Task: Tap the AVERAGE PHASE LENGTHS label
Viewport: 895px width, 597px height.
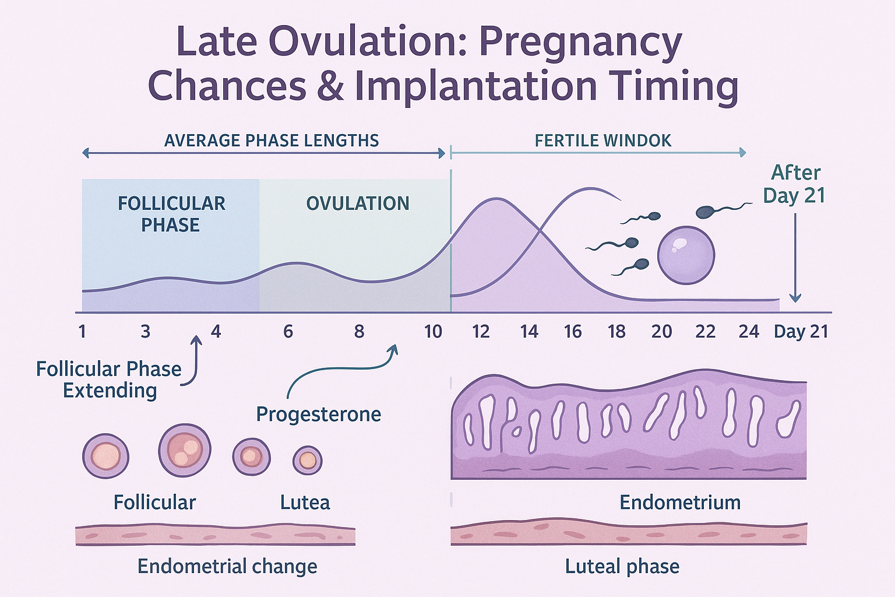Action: coord(272,141)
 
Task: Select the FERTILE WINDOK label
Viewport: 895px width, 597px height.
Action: coord(603,141)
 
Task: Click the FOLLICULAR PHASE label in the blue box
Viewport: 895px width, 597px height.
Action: coord(171,214)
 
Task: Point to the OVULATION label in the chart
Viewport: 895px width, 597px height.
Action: coord(358,203)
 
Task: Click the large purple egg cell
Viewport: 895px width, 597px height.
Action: coord(686,255)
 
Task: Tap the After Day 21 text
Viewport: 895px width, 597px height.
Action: coord(795,184)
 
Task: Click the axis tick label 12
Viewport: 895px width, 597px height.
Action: coord(481,332)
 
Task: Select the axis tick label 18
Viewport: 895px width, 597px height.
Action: coord(616,332)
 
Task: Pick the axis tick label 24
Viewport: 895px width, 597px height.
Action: coord(749,332)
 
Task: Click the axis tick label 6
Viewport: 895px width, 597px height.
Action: coord(288,332)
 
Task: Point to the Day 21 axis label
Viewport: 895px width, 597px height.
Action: coord(801,332)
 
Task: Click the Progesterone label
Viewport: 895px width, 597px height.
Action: coord(319,414)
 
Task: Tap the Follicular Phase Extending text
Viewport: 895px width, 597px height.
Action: coord(109,380)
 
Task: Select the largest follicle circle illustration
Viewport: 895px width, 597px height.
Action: coord(184,450)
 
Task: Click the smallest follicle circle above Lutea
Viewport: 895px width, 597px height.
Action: coord(307,460)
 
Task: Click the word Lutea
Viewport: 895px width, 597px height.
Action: coord(305,503)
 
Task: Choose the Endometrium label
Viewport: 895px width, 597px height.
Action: coord(680,503)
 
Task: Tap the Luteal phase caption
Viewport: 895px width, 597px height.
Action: coord(622,566)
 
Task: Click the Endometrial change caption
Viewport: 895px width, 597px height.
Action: coord(227,566)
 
